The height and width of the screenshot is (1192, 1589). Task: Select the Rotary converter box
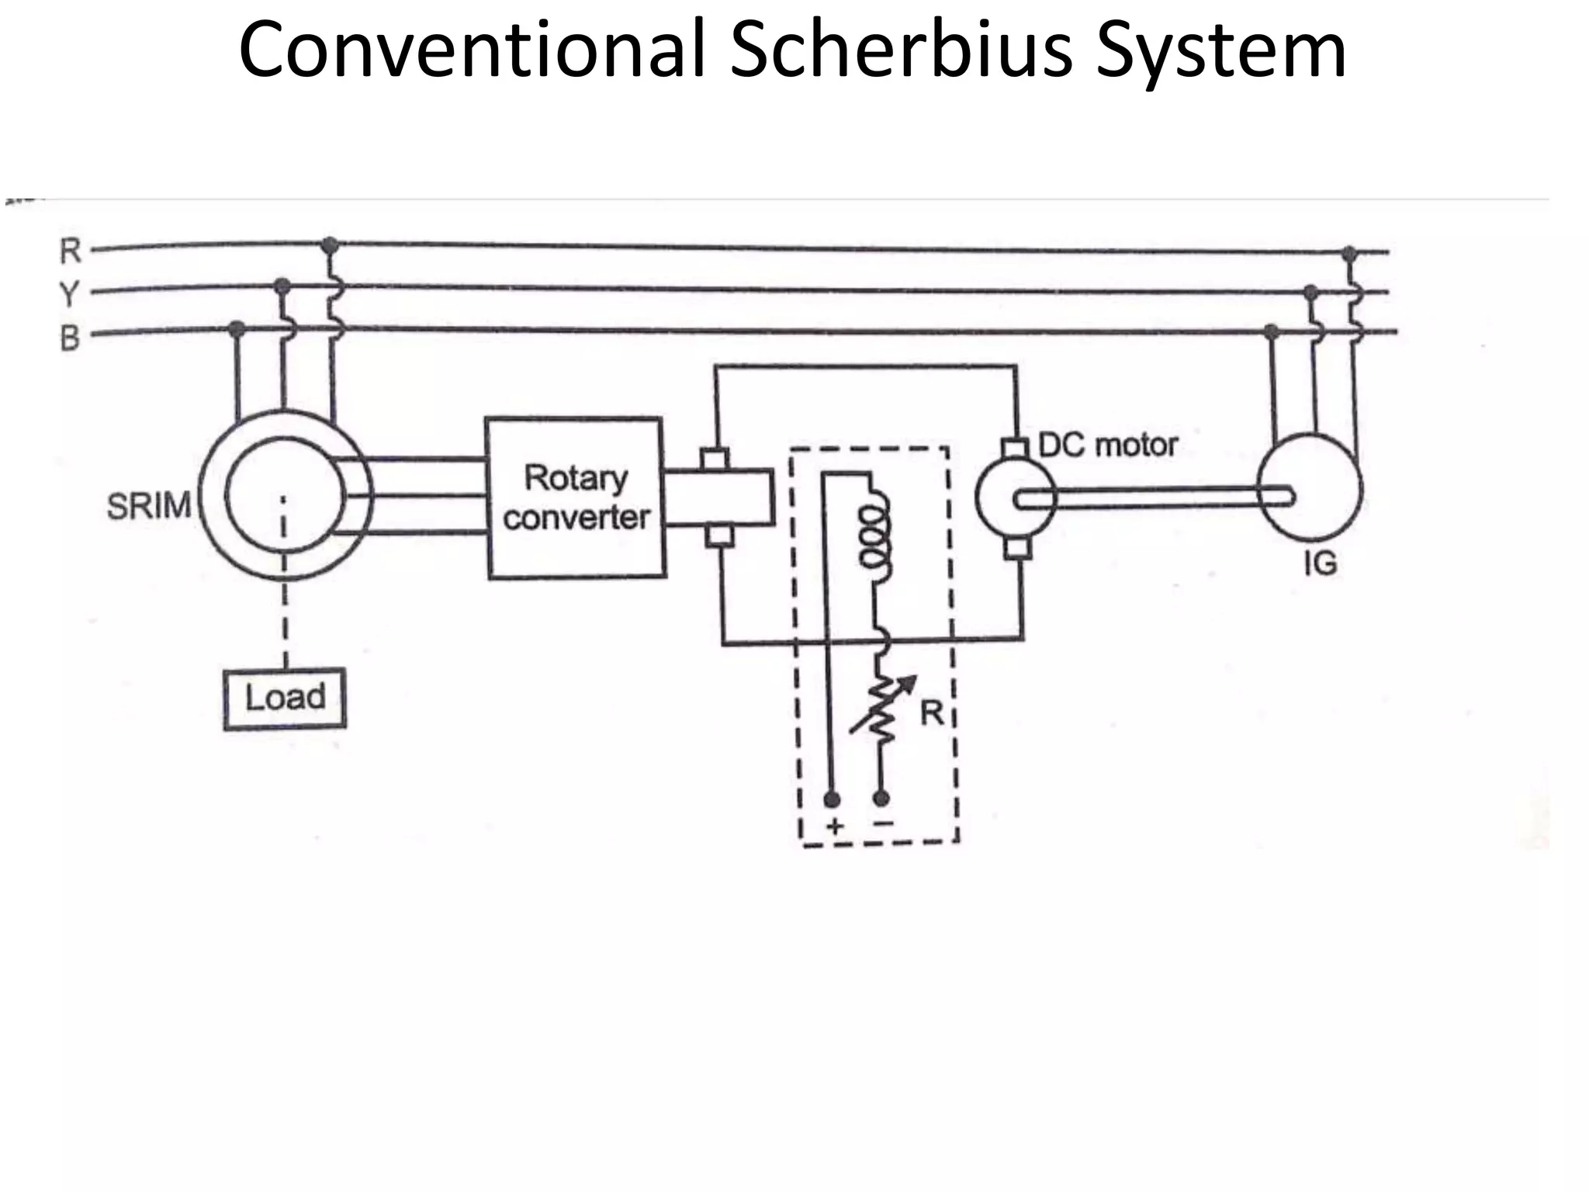click(575, 497)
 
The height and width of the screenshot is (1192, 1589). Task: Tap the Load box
click(285, 698)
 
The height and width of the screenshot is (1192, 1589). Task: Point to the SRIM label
click(148, 507)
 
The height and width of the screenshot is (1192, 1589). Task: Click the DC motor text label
click(1107, 445)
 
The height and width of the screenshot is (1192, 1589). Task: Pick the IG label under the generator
click(1320, 563)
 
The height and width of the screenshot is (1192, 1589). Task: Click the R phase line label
click(71, 251)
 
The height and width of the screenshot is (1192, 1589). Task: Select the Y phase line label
click(70, 294)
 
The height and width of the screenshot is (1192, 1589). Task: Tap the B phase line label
click(70, 338)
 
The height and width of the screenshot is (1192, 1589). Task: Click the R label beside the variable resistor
click(931, 712)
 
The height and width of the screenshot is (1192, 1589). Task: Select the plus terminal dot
click(831, 799)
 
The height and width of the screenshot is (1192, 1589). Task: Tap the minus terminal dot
click(881, 797)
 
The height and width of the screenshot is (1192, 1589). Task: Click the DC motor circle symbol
click(1015, 497)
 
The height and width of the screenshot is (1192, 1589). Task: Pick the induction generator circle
click(1309, 487)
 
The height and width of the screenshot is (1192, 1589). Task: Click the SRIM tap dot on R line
click(330, 246)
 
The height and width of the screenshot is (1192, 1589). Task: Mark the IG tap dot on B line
click(1271, 332)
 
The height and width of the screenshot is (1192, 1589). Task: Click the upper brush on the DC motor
click(1014, 448)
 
